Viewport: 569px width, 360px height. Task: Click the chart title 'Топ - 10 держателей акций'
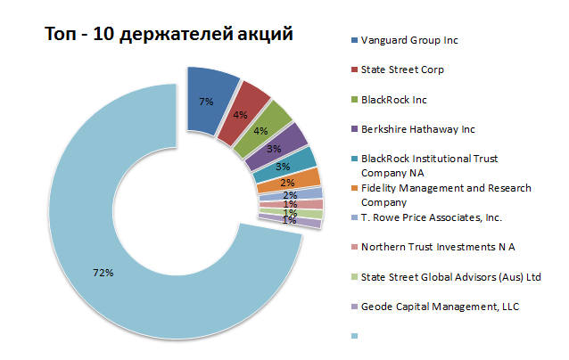169,36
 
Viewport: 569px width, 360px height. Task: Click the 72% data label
103,273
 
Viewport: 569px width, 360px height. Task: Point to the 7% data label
206,102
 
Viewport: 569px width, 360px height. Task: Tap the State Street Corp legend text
402,70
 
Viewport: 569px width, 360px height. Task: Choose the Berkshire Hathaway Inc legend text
418,129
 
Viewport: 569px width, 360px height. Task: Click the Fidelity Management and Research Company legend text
446,194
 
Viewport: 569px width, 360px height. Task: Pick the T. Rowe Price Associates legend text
432,217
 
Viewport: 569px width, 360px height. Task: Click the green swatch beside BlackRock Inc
354,100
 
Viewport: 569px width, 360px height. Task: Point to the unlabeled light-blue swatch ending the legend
354,336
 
